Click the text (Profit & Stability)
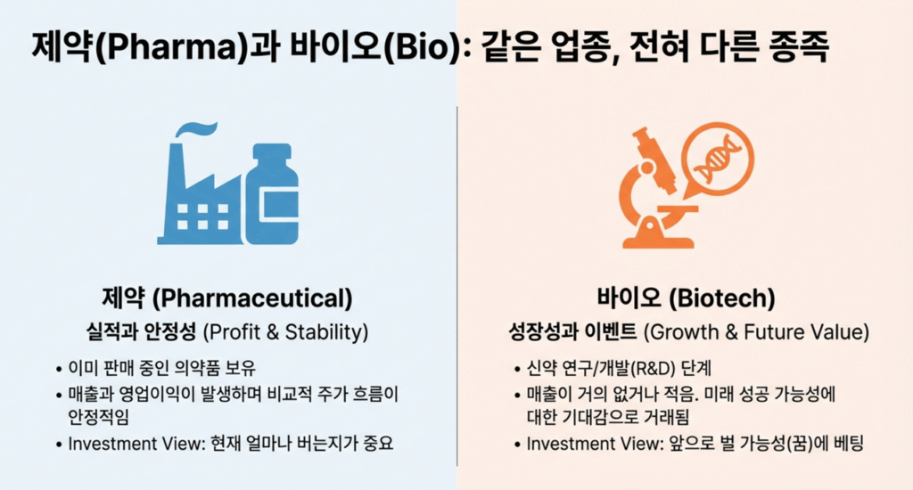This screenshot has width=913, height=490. coord(285,332)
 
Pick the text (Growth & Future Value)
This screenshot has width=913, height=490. coord(756,332)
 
